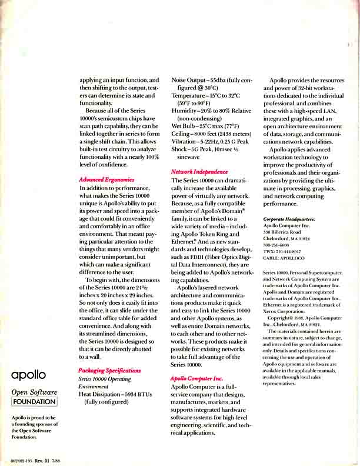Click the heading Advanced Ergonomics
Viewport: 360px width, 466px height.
[x=106, y=179]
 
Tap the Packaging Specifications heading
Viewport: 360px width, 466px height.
[x=109, y=371]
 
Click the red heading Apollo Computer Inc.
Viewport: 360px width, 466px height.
[x=196, y=378]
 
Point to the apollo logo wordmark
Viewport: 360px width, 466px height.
[x=28, y=375]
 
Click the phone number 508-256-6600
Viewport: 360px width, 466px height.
[x=276, y=244]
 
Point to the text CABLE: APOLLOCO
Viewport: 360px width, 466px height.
[x=284, y=257]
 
